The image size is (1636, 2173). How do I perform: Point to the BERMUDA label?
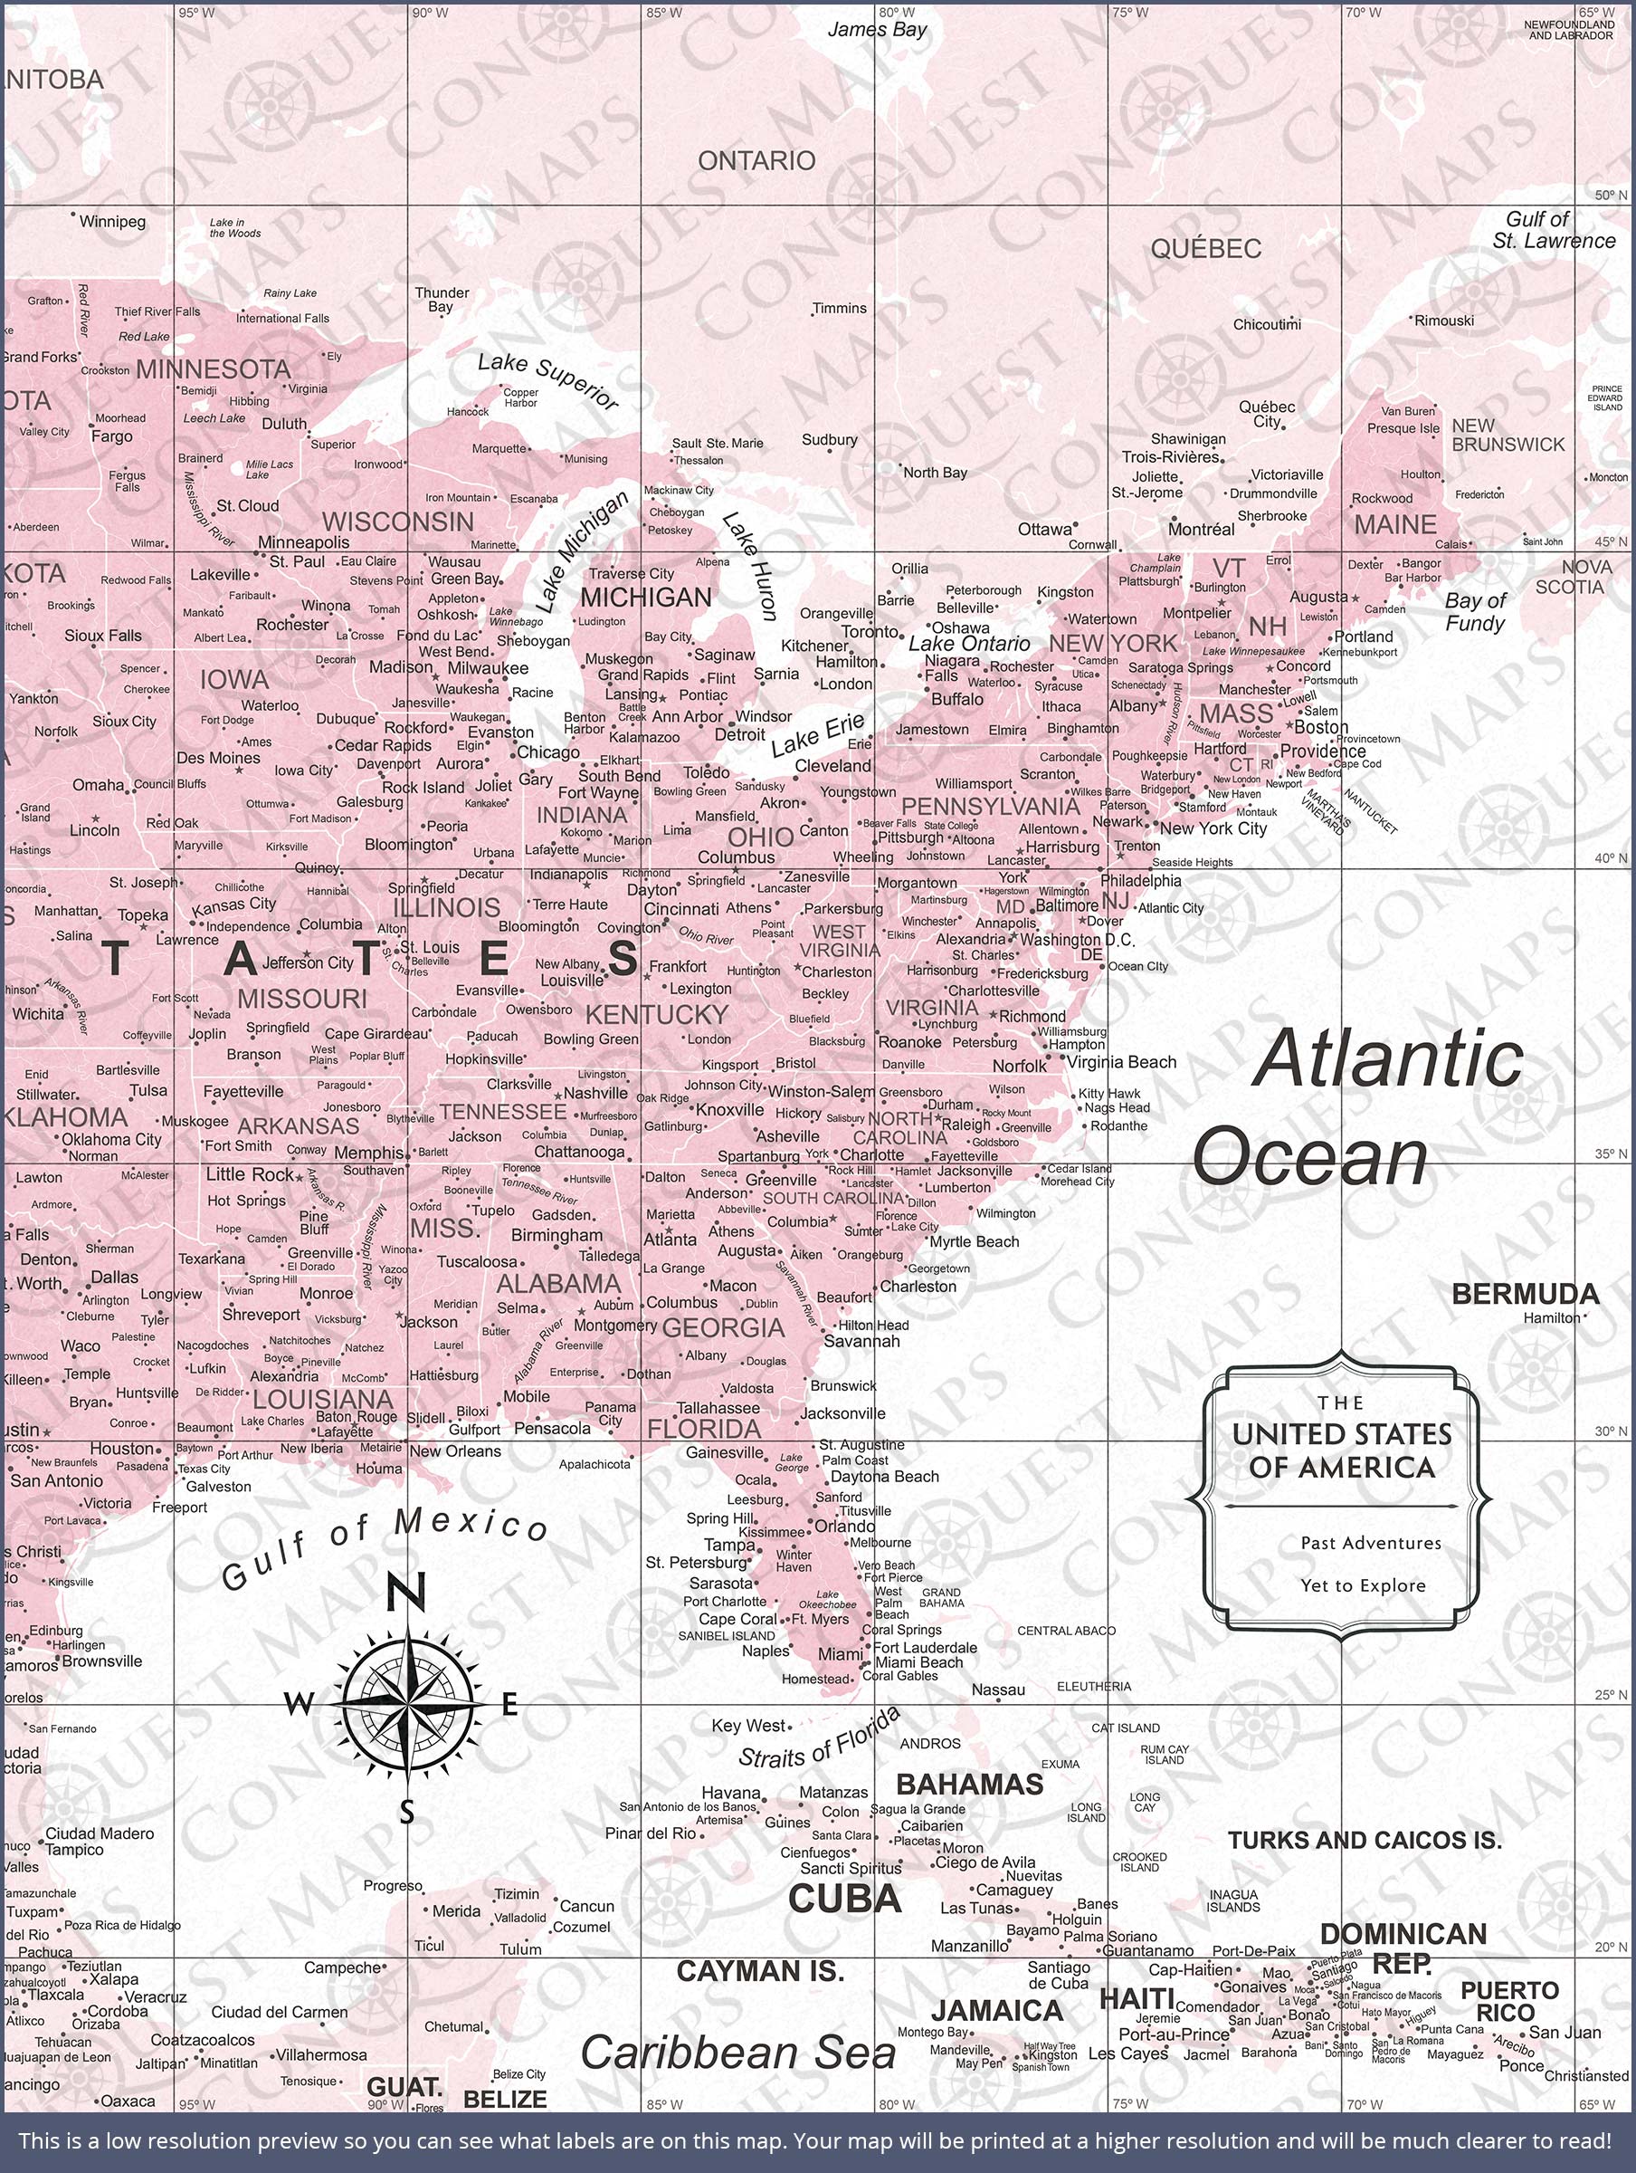[x=1524, y=1294]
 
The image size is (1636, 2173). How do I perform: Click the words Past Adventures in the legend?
[x=1370, y=1544]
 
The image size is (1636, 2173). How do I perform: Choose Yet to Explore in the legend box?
[x=1362, y=1585]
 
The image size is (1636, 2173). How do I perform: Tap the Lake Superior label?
[x=547, y=381]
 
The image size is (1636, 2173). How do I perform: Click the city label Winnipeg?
[x=112, y=222]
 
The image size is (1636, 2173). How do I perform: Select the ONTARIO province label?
[x=756, y=160]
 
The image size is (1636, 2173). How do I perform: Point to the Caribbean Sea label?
[x=737, y=2054]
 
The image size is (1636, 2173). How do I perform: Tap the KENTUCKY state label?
[x=657, y=1015]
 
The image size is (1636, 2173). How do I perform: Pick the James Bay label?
[x=876, y=30]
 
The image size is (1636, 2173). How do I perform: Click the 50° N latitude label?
[x=1611, y=196]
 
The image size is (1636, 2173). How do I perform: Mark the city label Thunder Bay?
[x=441, y=300]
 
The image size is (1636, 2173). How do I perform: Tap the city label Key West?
[x=749, y=1726]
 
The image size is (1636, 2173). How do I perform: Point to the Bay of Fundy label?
[x=1474, y=612]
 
